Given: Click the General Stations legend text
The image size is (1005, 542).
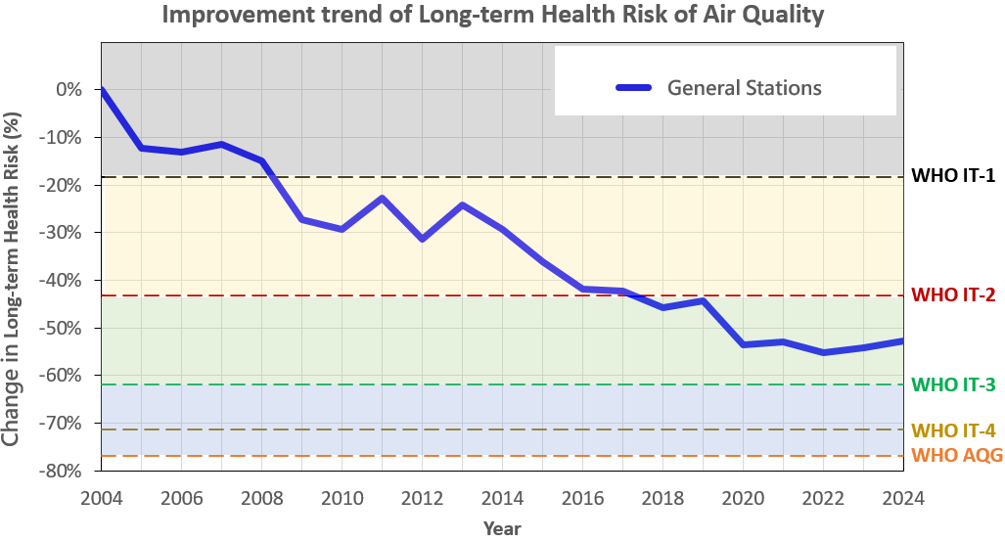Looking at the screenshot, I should pos(744,87).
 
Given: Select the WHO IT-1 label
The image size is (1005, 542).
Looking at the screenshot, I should pos(953,176).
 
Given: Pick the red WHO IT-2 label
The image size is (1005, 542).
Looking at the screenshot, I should pos(953,294).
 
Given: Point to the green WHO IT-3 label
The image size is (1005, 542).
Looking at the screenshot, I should pos(953,384).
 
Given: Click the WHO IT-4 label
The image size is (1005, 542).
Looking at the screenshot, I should pos(953,430).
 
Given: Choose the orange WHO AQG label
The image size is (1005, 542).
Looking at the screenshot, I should pos(953,455).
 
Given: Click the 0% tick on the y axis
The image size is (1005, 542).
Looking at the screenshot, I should pos(69,89).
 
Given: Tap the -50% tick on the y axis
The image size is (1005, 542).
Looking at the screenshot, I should pos(64,328).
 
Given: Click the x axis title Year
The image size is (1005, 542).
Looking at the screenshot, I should pos(502,528).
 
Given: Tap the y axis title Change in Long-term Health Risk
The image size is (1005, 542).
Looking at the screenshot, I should pos(13,279).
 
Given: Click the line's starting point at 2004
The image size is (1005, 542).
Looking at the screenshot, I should pos(102,90).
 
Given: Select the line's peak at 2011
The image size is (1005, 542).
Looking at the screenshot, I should pos(383,198).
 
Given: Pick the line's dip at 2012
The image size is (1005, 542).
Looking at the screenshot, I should pos(423,239).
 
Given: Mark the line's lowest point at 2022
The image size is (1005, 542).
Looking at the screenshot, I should pos(823,352).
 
